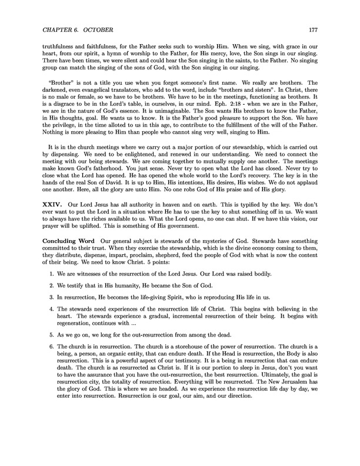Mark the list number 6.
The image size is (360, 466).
pyautogui.click(x=51, y=365)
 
